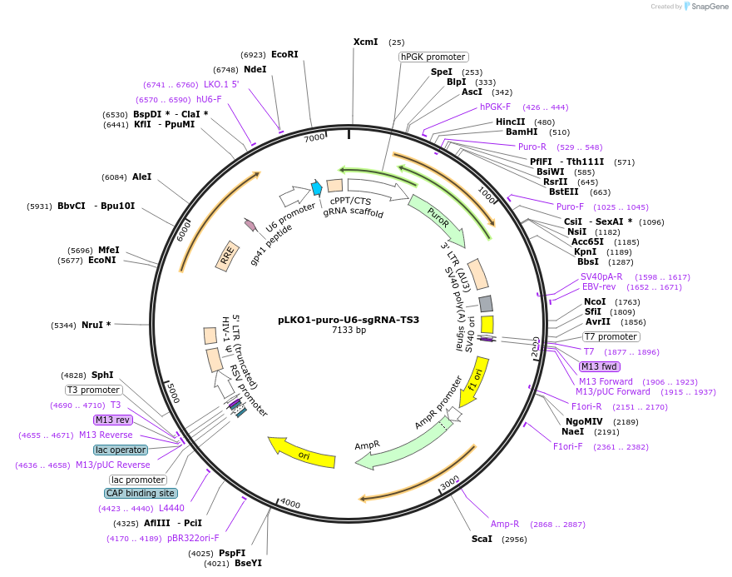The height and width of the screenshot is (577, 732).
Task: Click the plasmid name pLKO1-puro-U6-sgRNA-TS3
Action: click(349, 320)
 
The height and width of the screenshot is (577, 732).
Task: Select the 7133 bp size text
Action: click(349, 331)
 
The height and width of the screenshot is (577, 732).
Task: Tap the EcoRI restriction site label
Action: click(284, 55)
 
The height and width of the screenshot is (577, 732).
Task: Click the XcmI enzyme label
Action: click(365, 42)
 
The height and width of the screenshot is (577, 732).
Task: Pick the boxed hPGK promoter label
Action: click(433, 57)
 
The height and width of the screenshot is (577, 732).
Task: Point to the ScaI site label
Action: click(482, 539)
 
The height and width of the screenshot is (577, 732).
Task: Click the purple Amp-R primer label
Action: click(505, 524)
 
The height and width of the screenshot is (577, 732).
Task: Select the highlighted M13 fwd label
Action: click(600, 366)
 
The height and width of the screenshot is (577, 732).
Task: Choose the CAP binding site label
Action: click(141, 493)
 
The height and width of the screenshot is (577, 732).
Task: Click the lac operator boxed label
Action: click(121, 450)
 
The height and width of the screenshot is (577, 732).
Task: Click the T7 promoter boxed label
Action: click(611, 337)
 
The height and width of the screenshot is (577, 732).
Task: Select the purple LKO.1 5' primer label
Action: click(221, 84)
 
